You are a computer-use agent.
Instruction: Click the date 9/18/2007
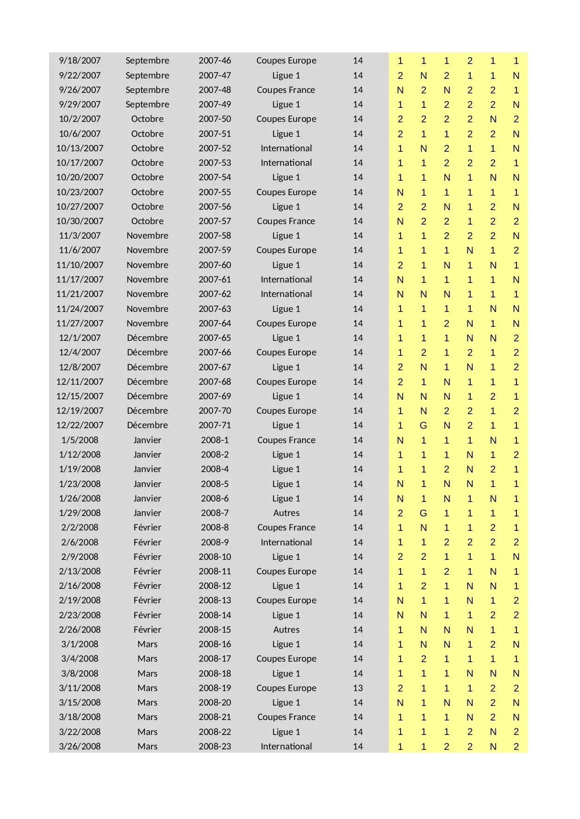(x=79, y=61)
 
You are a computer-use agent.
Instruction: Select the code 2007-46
(x=215, y=61)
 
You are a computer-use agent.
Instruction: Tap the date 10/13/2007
(x=79, y=148)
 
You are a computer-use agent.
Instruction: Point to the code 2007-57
(x=215, y=221)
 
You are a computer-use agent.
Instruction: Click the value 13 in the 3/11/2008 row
(x=358, y=688)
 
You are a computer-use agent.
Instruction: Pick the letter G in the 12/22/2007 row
(x=423, y=425)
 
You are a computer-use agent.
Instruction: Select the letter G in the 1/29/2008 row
(x=423, y=513)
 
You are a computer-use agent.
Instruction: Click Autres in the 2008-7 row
(x=286, y=513)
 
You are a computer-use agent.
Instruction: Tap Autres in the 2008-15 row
(x=286, y=630)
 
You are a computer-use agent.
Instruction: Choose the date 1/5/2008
(x=79, y=440)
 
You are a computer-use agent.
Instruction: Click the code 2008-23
(x=215, y=747)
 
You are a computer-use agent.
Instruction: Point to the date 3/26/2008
(x=79, y=747)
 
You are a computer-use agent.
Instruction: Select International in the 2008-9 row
(x=286, y=543)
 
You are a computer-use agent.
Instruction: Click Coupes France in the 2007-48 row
(x=286, y=90)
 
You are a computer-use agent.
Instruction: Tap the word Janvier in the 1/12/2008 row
(x=147, y=455)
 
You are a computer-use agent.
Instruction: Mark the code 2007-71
(x=215, y=425)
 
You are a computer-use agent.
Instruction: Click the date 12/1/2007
(x=79, y=338)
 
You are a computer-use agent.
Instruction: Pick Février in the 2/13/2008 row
(x=147, y=572)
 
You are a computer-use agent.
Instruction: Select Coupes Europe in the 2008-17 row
(x=286, y=659)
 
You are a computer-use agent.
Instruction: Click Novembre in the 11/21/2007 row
(x=147, y=294)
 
